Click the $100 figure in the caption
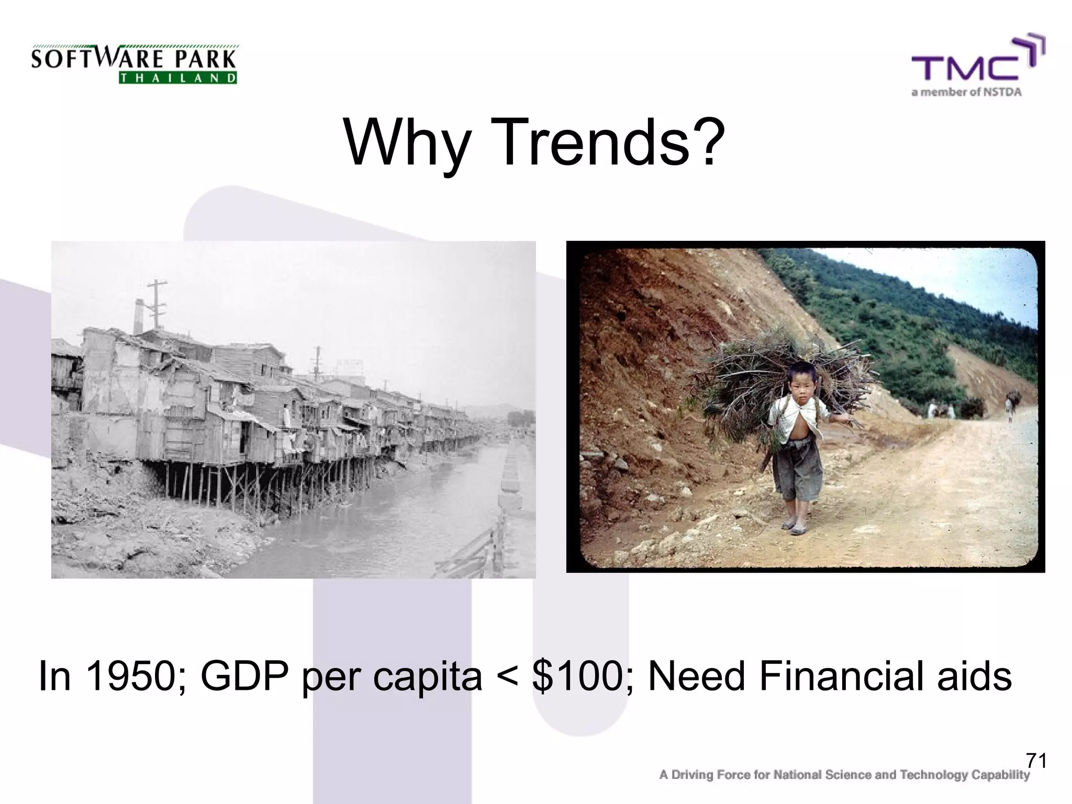pyautogui.click(x=581, y=676)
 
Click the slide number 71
pyautogui.click(x=1036, y=760)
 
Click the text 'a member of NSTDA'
pyautogui.click(x=966, y=93)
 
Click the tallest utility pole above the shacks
pyautogui.click(x=157, y=304)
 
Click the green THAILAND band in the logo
pyautogui.click(x=178, y=79)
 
